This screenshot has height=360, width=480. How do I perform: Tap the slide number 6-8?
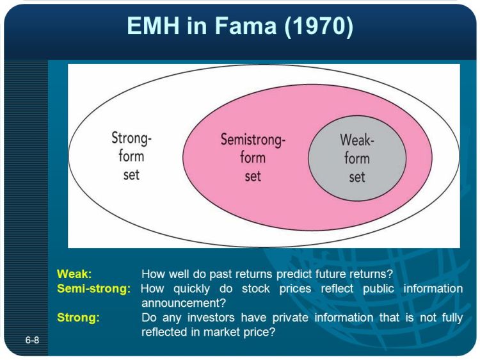[33, 340]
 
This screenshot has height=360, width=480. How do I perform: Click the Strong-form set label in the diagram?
[131, 156]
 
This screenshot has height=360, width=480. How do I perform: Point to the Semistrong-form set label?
[253, 157]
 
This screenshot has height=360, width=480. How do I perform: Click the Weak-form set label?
[356, 158]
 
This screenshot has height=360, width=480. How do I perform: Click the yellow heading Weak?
[74, 274]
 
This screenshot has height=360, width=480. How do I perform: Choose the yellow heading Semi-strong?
[93, 288]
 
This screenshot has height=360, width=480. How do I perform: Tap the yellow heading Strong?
[78, 318]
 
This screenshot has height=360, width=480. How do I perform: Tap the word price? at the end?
[261, 332]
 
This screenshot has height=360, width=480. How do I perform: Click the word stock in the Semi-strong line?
[292, 288]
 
